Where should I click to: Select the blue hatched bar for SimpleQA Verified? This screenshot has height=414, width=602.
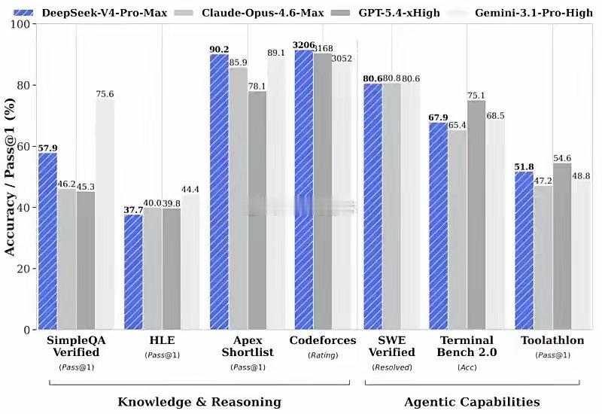tap(47, 241)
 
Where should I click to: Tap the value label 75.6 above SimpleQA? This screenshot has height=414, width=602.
tap(105, 94)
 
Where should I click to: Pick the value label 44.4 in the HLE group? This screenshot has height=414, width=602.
tap(190, 189)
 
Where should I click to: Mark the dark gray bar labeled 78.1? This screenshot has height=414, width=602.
tap(257, 210)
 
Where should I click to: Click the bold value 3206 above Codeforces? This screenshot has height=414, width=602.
tap(304, 45)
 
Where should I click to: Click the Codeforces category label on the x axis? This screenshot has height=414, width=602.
tap(323, 341)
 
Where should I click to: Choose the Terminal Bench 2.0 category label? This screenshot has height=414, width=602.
tap(467, 346)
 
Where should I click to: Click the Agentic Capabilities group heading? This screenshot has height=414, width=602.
tap(472, 402)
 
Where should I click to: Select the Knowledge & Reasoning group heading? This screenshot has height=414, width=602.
tap(199, 402)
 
